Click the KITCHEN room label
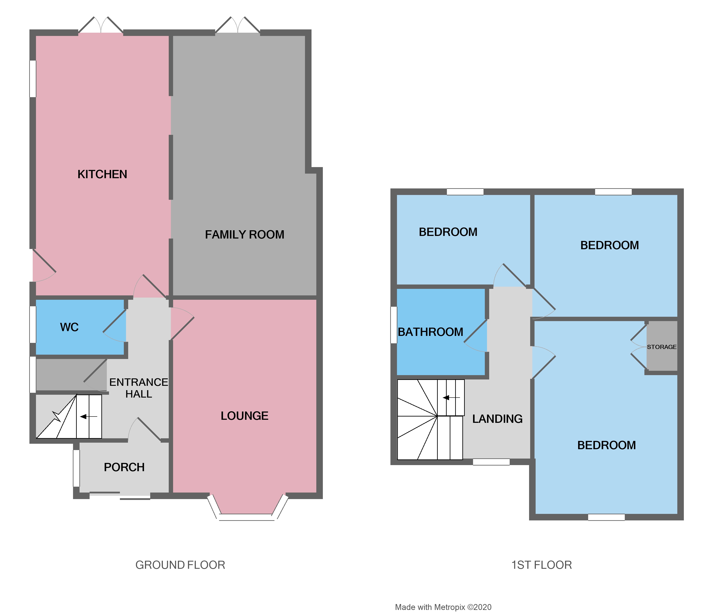click(102, 174)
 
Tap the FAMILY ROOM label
click(245, 235)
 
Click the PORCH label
click(124, 467)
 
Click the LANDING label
click(497, 419)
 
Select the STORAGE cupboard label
click(661, 347)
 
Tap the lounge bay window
click(247, 517)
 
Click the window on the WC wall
click(33, 324)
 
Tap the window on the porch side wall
click(76, 468)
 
